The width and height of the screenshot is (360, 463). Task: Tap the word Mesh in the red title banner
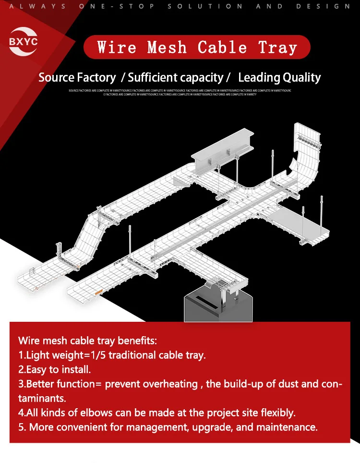click(167, 48)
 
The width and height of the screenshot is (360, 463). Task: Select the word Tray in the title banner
click(277, 48)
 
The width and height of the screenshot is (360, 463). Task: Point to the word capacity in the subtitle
click(200, 77)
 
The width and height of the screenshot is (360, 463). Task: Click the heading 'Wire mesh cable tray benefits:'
click(88, 341)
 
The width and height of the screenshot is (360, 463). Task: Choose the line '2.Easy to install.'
click(54, 370)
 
